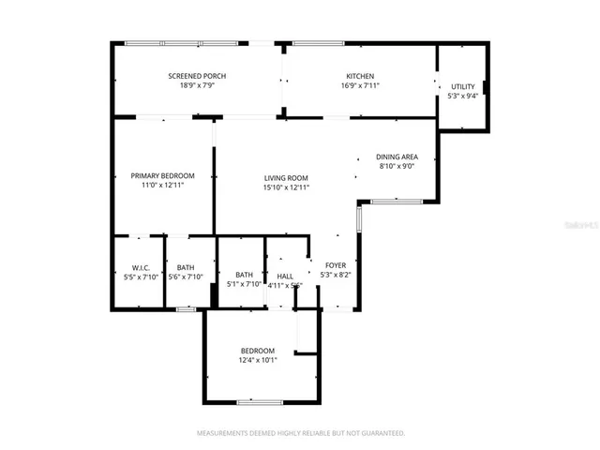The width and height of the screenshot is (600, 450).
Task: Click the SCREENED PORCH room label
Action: click(197, 76)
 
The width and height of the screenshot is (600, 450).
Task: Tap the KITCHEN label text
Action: click(360, 76)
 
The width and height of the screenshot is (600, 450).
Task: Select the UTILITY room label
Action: click(463, 86)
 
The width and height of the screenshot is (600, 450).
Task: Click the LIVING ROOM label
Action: click(286, 178)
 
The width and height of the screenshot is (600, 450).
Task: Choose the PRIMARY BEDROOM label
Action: click(162, 175)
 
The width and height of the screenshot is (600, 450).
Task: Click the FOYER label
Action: click(335, 265)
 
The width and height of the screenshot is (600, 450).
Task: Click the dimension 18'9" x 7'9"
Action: click(197, 85)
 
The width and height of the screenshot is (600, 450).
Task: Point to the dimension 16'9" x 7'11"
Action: click(360, 85)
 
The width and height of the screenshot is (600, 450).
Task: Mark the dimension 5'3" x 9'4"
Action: click(463, 96)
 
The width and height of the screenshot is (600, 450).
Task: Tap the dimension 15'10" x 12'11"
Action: click(286, 187)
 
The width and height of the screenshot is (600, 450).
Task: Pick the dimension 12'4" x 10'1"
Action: click(257, 359)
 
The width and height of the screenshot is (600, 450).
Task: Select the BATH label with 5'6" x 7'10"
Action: click(186, 267)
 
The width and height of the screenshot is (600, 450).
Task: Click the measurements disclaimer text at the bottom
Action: click(300, 434)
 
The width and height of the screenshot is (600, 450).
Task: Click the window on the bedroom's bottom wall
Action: click(260, 402)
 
